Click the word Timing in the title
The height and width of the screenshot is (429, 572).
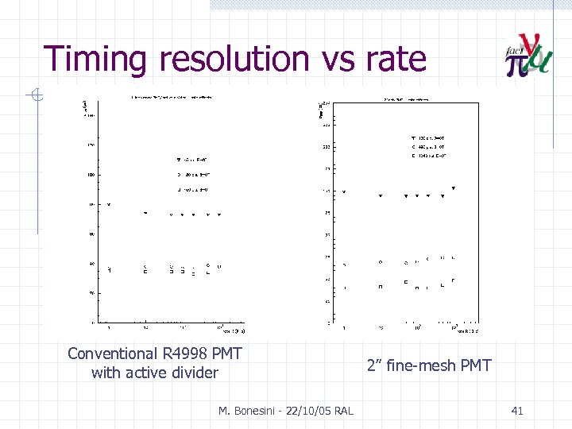tap(95, 60)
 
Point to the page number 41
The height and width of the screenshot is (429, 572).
tap(517, 410)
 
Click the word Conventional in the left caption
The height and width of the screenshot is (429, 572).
tap(113, 353)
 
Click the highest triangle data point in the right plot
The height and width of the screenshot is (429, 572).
tap(454, 188)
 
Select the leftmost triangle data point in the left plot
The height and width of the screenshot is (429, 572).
tap(109, 205)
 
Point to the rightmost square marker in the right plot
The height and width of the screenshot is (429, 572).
tap(453, 280)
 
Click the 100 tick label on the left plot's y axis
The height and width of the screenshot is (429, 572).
tap(91, 175)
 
